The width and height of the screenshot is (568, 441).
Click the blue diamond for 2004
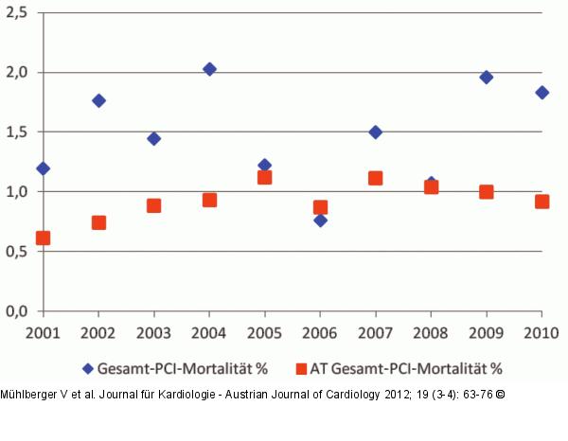pos(209,69)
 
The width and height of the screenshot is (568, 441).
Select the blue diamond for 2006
pos(320,220)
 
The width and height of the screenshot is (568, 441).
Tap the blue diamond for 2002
pos(98,100)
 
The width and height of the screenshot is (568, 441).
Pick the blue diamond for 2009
pos(486,77)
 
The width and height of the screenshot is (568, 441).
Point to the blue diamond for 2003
pos(153,138)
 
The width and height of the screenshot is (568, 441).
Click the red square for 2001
pos(43,238)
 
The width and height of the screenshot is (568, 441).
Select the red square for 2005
pos(264,177)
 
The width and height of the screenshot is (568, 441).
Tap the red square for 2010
pos(541,201)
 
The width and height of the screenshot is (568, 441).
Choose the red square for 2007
pos(375,177)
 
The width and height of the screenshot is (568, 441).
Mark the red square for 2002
pos(98,222)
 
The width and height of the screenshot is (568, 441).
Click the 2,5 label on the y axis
pos(17,12)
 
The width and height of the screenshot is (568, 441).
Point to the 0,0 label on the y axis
pos(17,310)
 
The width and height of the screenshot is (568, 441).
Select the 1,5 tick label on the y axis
pos(17,132)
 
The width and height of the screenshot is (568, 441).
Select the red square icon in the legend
pos(301,368)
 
